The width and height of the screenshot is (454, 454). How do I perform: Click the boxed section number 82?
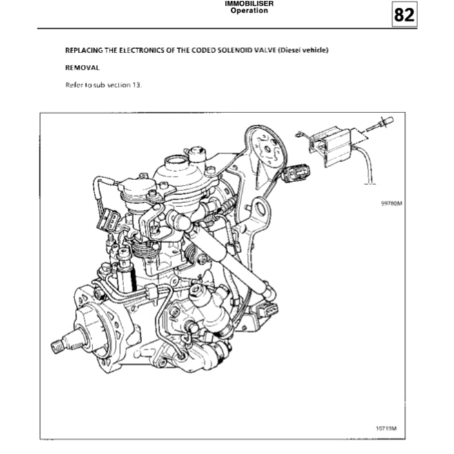coord(404,14)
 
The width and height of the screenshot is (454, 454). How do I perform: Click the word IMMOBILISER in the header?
coord(249,3)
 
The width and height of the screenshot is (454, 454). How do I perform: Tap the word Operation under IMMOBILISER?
coord(249,11)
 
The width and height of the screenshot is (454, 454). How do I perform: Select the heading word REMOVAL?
coord(82,68)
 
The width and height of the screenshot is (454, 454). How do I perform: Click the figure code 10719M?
coord(386,427)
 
